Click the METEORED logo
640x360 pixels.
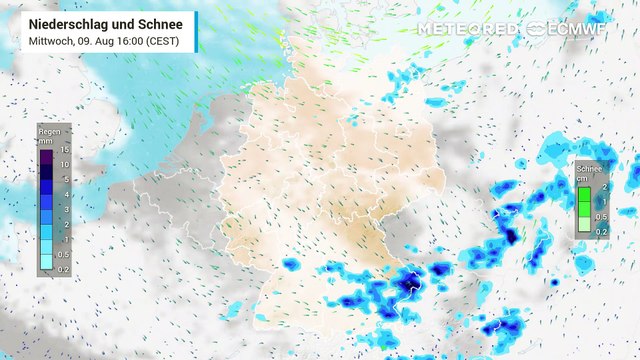tap(467, 29)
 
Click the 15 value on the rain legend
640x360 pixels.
tap(64, 149)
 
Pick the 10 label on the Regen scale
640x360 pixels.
tap(64, 164)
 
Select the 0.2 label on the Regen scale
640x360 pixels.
tap(63, 269)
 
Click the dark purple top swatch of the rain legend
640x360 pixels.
tap(46, 155)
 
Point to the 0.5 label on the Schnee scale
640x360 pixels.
tap(602, 217)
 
